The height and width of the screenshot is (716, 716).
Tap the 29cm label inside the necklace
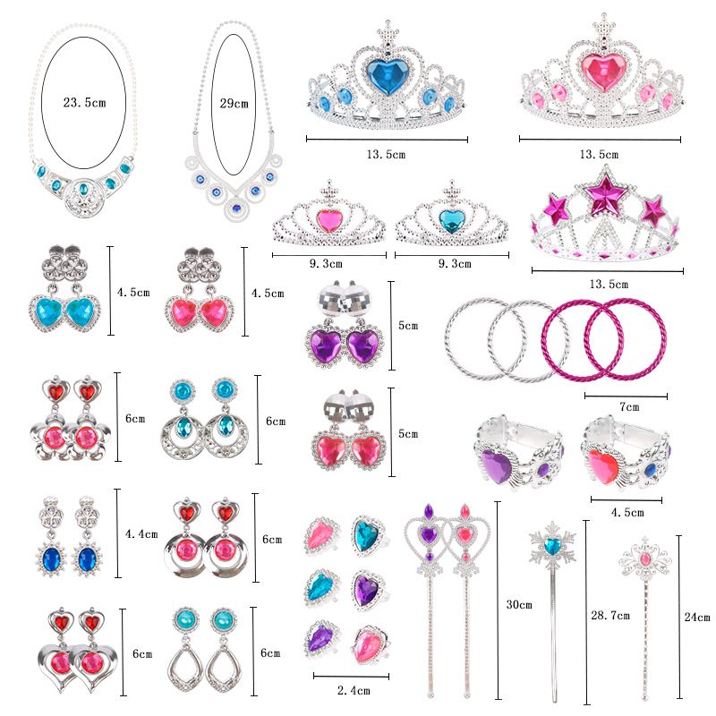(x=234, y=104)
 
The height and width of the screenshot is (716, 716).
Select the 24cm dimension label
(x=696, y=618)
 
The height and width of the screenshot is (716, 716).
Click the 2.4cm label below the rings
(x=352, y=691)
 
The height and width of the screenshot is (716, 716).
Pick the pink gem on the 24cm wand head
(x=644, y=559)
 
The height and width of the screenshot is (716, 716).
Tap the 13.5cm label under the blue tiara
(x=388, y=155)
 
